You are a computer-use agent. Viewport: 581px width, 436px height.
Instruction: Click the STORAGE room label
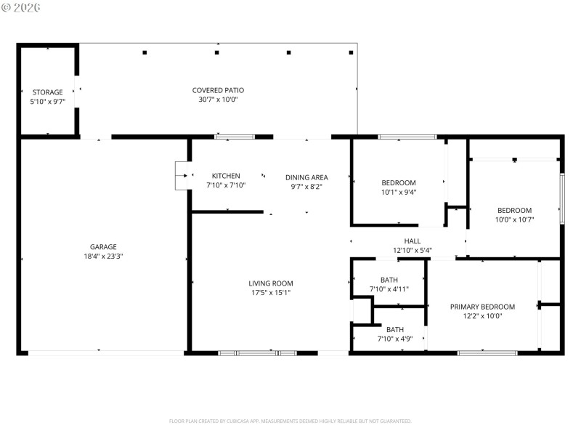[x=48, y=92]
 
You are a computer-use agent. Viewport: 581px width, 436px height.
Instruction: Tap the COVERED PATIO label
[x=218, y=90]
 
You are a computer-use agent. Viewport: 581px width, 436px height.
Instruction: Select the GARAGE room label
[x=103, y=246]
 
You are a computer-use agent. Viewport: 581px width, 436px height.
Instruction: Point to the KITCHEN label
[x=226, y=176]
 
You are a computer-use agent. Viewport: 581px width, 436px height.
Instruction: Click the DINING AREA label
[x=306, y=177]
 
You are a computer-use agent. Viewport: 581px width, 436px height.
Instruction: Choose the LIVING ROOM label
[x=271, y=283]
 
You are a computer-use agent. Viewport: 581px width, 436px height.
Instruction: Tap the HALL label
[x=413, y=241]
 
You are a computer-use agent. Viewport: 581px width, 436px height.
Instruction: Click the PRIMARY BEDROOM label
[x=482, y=307]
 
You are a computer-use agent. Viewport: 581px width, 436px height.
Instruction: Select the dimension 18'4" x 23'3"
[x=103, y=256]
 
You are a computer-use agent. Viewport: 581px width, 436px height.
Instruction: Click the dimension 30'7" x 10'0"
[x=218, y=100]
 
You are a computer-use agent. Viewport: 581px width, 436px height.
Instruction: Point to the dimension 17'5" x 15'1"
[x=271, y=293]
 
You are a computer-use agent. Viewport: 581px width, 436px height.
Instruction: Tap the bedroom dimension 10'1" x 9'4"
[x=399, y=193]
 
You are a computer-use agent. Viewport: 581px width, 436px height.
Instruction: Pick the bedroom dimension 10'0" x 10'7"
[x=514, y=219]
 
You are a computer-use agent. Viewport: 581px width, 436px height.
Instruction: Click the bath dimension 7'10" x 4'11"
[x=389, y=289]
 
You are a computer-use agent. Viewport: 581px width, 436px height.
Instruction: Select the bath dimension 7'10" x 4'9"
[x=395, y=339]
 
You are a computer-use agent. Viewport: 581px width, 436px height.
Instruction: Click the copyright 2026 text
[x=21, y=7]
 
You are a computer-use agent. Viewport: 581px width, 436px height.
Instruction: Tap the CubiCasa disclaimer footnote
[x=290, y=421]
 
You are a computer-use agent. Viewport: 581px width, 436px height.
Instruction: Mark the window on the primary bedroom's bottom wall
[x=487, y=353]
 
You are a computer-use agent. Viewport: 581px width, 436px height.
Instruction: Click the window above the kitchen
[x=235, y=137]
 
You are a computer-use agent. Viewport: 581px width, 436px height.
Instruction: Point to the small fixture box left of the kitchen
[x=180, y=175]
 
